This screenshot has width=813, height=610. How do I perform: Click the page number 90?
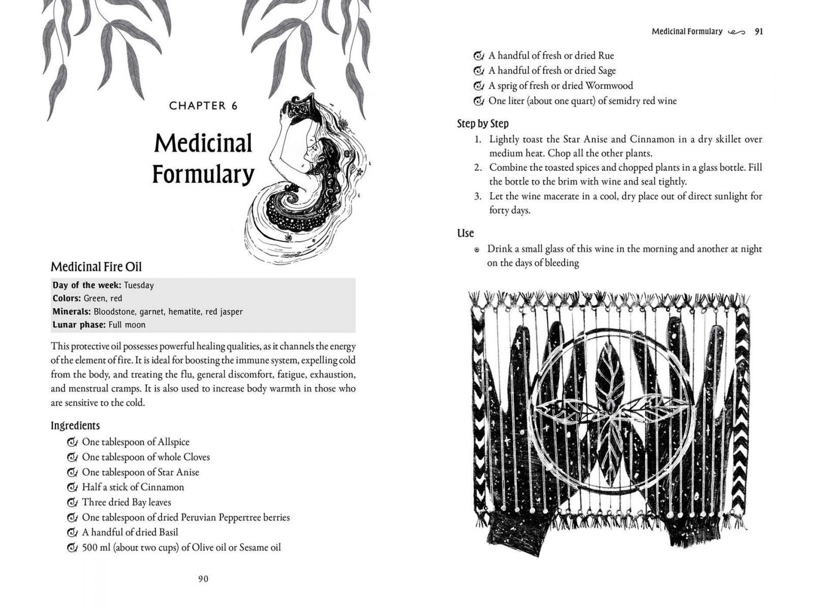tap(203, 579)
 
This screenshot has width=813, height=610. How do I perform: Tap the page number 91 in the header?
tap(759, 32)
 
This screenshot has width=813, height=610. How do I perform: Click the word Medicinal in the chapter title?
tap(203, 143)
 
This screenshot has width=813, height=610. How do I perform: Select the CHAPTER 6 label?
tap(203, 106)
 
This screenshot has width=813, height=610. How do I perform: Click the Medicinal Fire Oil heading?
tap(96, 267)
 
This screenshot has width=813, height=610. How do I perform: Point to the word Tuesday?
tap(139, 285)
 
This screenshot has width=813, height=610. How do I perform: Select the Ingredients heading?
tap(75, 425)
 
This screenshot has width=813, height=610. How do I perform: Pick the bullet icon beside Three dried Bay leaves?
tap(72, 503)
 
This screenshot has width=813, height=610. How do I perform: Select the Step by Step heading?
tap(483, 124)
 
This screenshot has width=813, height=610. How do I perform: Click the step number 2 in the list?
tap(478, 168)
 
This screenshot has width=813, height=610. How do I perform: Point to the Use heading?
tap(465, 233)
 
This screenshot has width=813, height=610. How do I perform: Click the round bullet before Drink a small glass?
tap(477, 250)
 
